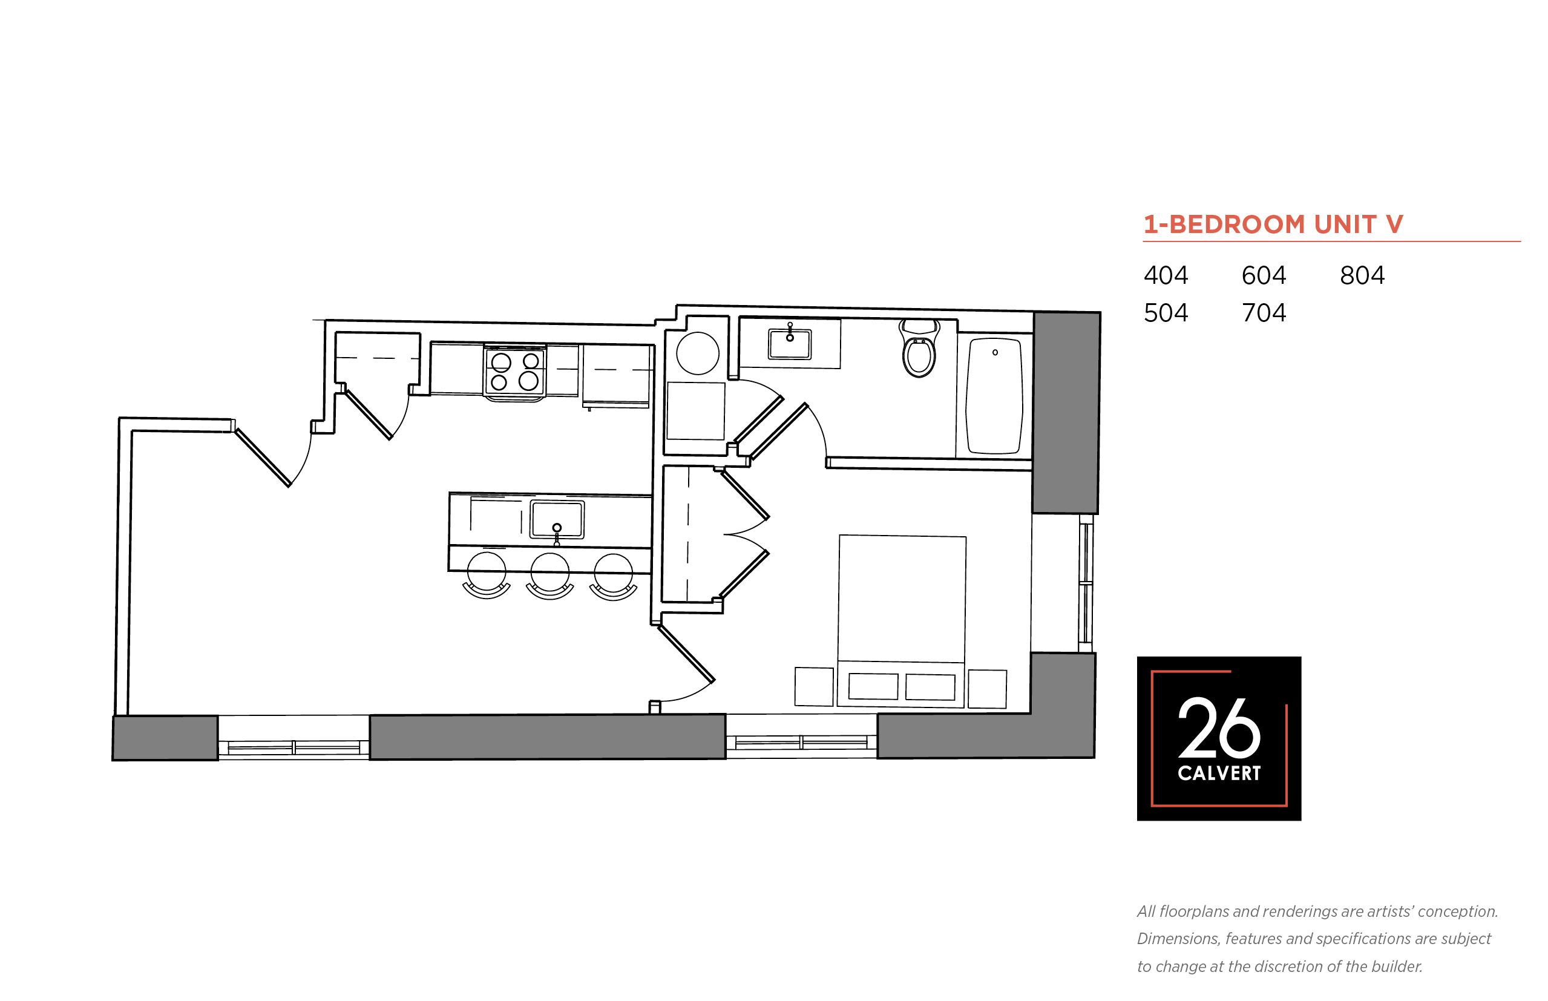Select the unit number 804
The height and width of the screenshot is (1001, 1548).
coord(1362,275)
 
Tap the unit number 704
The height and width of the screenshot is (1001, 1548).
coord(1264,313)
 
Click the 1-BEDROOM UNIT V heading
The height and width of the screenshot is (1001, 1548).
coord(1273,225)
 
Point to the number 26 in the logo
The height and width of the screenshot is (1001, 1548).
coord(1219,728)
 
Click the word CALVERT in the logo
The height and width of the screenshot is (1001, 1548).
coord(1219,773)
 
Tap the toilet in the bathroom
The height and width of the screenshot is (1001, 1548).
coord(919,348)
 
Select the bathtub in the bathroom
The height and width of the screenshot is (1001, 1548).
coord(994,395)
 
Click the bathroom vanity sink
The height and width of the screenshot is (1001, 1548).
coord(790,343)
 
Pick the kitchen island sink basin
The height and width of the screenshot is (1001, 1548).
coord(557,519)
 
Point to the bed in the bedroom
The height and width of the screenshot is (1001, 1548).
coord(901,621)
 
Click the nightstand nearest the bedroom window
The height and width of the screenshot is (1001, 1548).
coord(987,689)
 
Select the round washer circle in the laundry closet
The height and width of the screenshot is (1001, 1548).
coord(697,353)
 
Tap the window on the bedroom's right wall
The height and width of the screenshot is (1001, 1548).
coord(1085,583)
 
